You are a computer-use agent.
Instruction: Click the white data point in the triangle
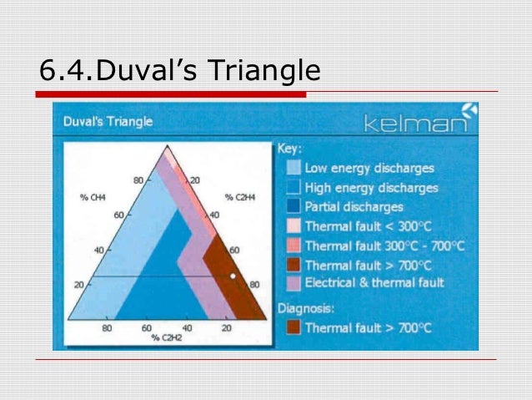[x=233, y=276]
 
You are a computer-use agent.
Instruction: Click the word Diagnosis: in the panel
[x=306, y=307]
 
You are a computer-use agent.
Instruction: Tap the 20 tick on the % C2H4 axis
[x=197, y=180]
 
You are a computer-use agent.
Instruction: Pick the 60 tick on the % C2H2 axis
[x=146, y=328]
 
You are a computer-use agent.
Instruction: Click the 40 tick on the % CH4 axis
[x=100, y=250]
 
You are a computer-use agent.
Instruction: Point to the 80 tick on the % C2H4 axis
[x=254, y=285]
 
